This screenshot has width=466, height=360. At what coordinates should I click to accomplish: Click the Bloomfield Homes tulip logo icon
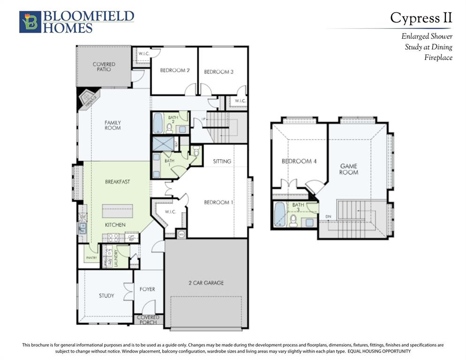pos(30,22)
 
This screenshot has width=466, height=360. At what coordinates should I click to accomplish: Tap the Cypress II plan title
pos(421,18)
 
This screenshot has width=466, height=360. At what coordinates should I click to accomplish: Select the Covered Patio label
pos(104,67)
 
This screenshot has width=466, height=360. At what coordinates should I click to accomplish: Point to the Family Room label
pos(113,125)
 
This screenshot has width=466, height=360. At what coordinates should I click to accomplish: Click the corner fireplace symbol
pos(88,99)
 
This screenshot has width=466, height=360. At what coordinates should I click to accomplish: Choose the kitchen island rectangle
pos(118,211)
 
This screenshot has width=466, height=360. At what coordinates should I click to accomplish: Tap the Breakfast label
pos(118,181)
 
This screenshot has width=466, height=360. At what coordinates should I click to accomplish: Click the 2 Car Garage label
pos(206,283)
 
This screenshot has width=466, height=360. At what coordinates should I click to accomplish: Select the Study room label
pos(106,296)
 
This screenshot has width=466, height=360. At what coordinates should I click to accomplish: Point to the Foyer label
pos(147,289)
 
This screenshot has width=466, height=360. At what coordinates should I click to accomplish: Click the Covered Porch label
pos(148,320)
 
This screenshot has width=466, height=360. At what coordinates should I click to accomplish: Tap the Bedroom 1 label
pos(218,202)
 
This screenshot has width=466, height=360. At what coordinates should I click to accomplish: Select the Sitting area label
pos(222,161)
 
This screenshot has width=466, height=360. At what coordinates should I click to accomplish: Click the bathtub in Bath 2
pos(158,123)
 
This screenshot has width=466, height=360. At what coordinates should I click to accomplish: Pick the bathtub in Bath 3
pos(279,214)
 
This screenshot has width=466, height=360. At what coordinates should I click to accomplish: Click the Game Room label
pos(348,169)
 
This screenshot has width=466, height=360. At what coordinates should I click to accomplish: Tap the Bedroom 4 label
pos(299,161)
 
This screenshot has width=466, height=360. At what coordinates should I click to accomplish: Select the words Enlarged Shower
pos(427,36)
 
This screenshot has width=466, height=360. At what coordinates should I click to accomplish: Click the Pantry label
pos(91,257)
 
